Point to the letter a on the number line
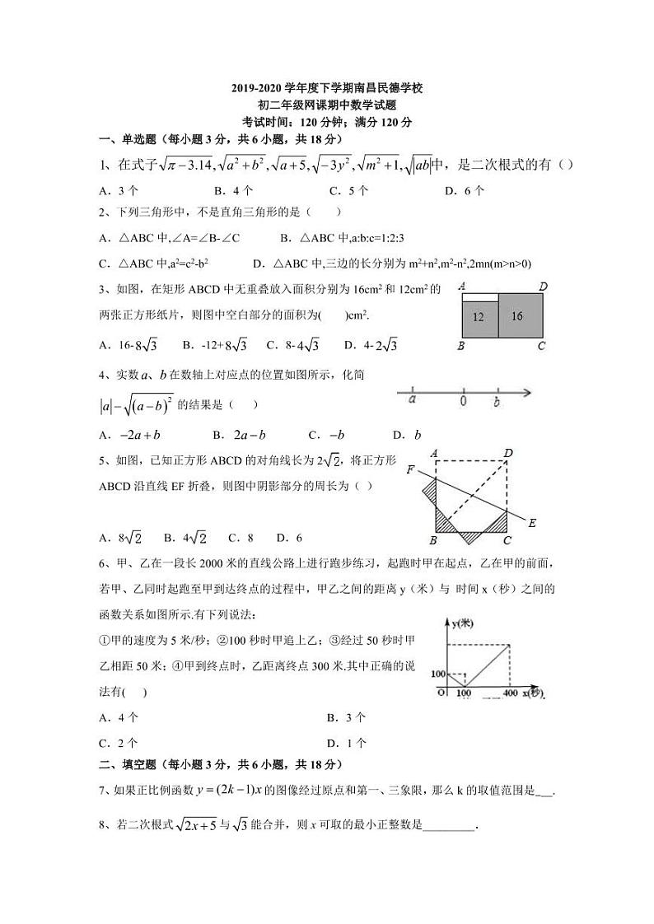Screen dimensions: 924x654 tap(411, 402)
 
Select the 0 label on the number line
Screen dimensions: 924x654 tap(464, 402)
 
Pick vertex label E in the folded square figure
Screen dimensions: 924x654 tap(532, 522)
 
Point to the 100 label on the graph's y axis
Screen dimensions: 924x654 tap(437, 674)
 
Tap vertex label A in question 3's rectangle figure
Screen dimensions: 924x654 tap(462, 286)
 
